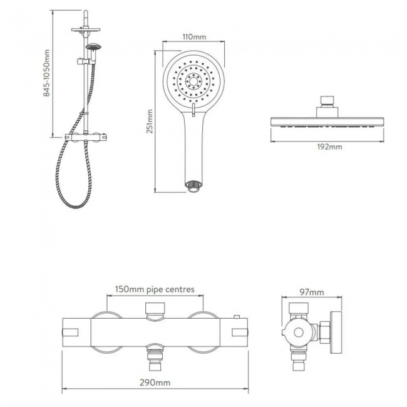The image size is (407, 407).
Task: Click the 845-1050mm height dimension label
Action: (47, 73)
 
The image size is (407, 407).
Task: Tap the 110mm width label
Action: (194, 36)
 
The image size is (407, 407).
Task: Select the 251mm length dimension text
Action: (150, 121)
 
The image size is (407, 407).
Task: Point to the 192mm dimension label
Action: (329, 147)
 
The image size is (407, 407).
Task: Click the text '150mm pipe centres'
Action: (155, 289)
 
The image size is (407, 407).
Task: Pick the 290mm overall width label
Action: (155, 383)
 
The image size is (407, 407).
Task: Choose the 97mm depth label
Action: (312, 292)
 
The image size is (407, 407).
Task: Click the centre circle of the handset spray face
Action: (193, 81)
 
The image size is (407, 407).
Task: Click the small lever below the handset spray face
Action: (193, 110)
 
